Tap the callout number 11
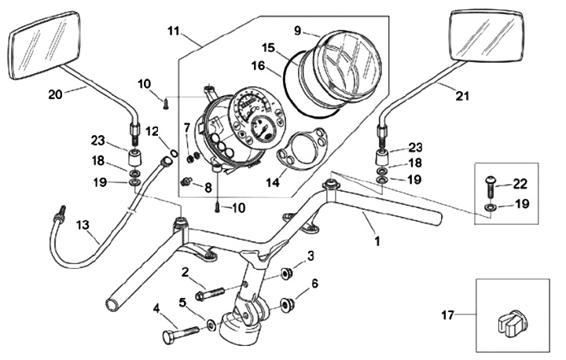[x=174, y=31]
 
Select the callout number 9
[x=298, y=31]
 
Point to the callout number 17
[x=447, y=317]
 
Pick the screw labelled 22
[x=491, y=184]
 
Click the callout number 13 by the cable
[x=83, y=225]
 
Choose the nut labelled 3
[x=288, y=273]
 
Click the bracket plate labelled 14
[x=295, y=150]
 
